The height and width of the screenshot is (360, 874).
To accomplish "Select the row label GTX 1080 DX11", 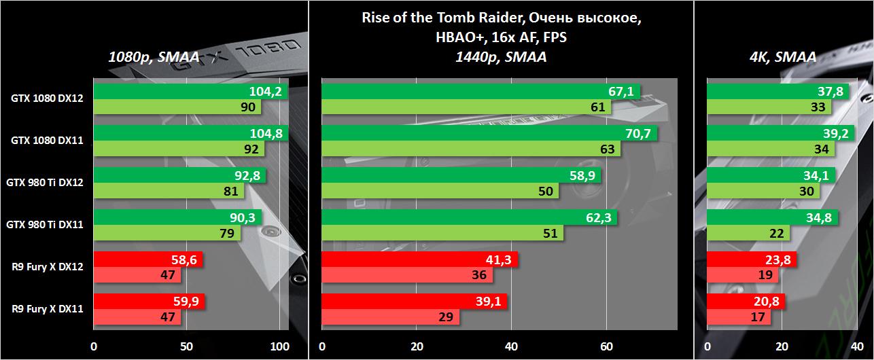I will (47, 141).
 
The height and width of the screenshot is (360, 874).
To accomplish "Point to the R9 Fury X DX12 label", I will (47, 267).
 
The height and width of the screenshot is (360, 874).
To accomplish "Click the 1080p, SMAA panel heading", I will (154, 58).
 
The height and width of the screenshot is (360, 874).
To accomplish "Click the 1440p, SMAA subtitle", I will (501, 57).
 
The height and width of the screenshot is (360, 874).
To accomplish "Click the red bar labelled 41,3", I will (419, 259).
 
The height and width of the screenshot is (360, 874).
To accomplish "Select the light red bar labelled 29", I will (390, 317).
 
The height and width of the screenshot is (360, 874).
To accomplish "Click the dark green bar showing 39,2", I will (780, 134).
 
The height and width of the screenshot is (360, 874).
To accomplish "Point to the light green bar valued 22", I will (748, 233).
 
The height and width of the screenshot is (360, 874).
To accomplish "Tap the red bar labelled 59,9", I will (149, 302).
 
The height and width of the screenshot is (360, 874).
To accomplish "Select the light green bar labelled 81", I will (169, 191).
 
